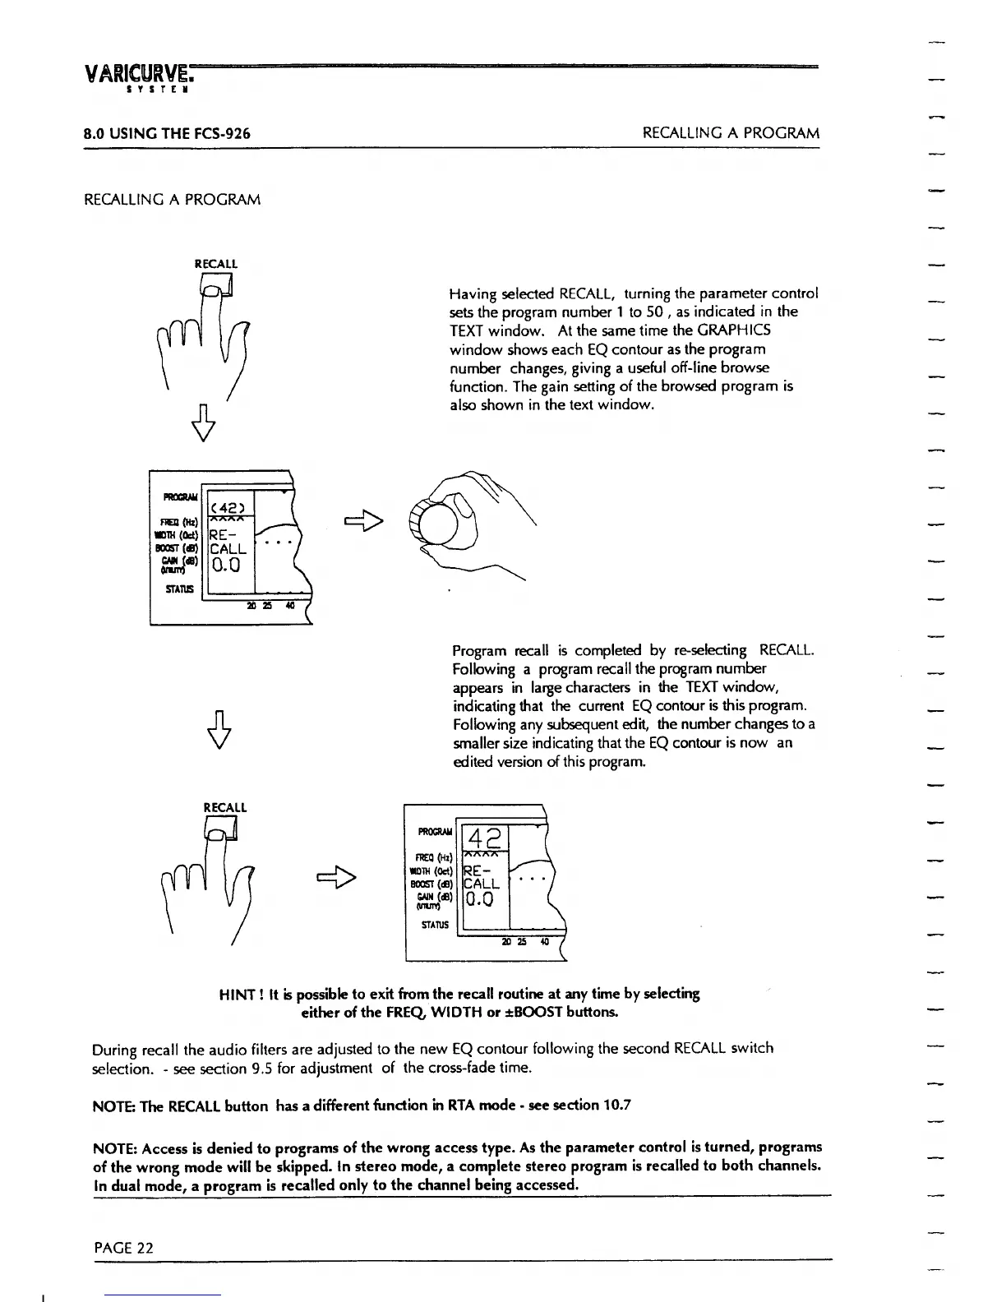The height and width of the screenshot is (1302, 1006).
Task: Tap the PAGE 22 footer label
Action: tap(123, 1248)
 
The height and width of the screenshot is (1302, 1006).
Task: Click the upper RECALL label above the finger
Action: tap(215, 264)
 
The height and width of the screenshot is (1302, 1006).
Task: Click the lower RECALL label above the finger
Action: tap(224, 807)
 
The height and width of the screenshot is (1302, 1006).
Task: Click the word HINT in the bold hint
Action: tap(238, 994)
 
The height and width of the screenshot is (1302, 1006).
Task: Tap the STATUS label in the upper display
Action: tap(179, 589)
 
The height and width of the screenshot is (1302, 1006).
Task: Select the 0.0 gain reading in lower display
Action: tap(480, 899)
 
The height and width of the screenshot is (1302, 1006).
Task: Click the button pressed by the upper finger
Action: tap(217, 285)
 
